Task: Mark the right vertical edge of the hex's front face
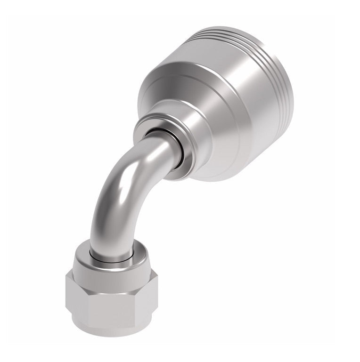(x=137, y=301)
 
